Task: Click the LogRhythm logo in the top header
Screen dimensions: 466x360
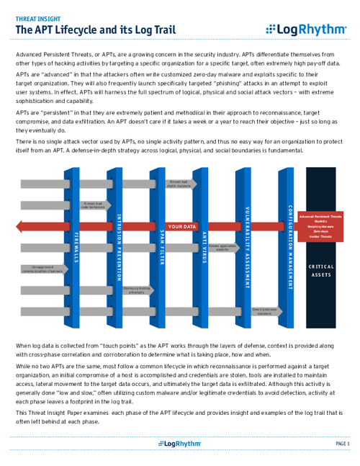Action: pos(305,30)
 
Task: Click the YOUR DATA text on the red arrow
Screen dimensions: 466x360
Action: pos(183,227)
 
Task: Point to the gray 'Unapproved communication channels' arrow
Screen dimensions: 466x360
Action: pos(40,269)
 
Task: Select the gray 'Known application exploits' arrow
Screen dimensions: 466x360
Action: pos(224,248)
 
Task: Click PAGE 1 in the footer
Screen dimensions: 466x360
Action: pos(342,444)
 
